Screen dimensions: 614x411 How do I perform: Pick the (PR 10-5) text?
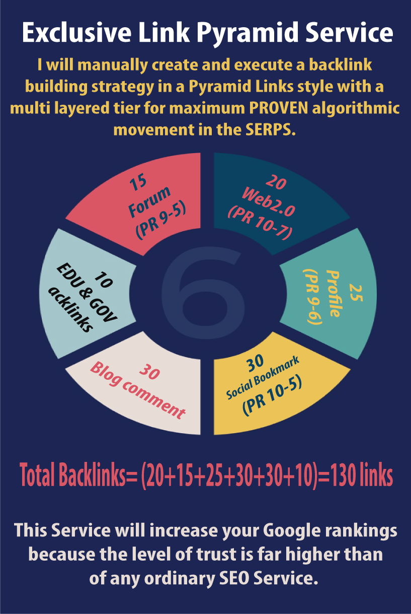pos(272,397)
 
